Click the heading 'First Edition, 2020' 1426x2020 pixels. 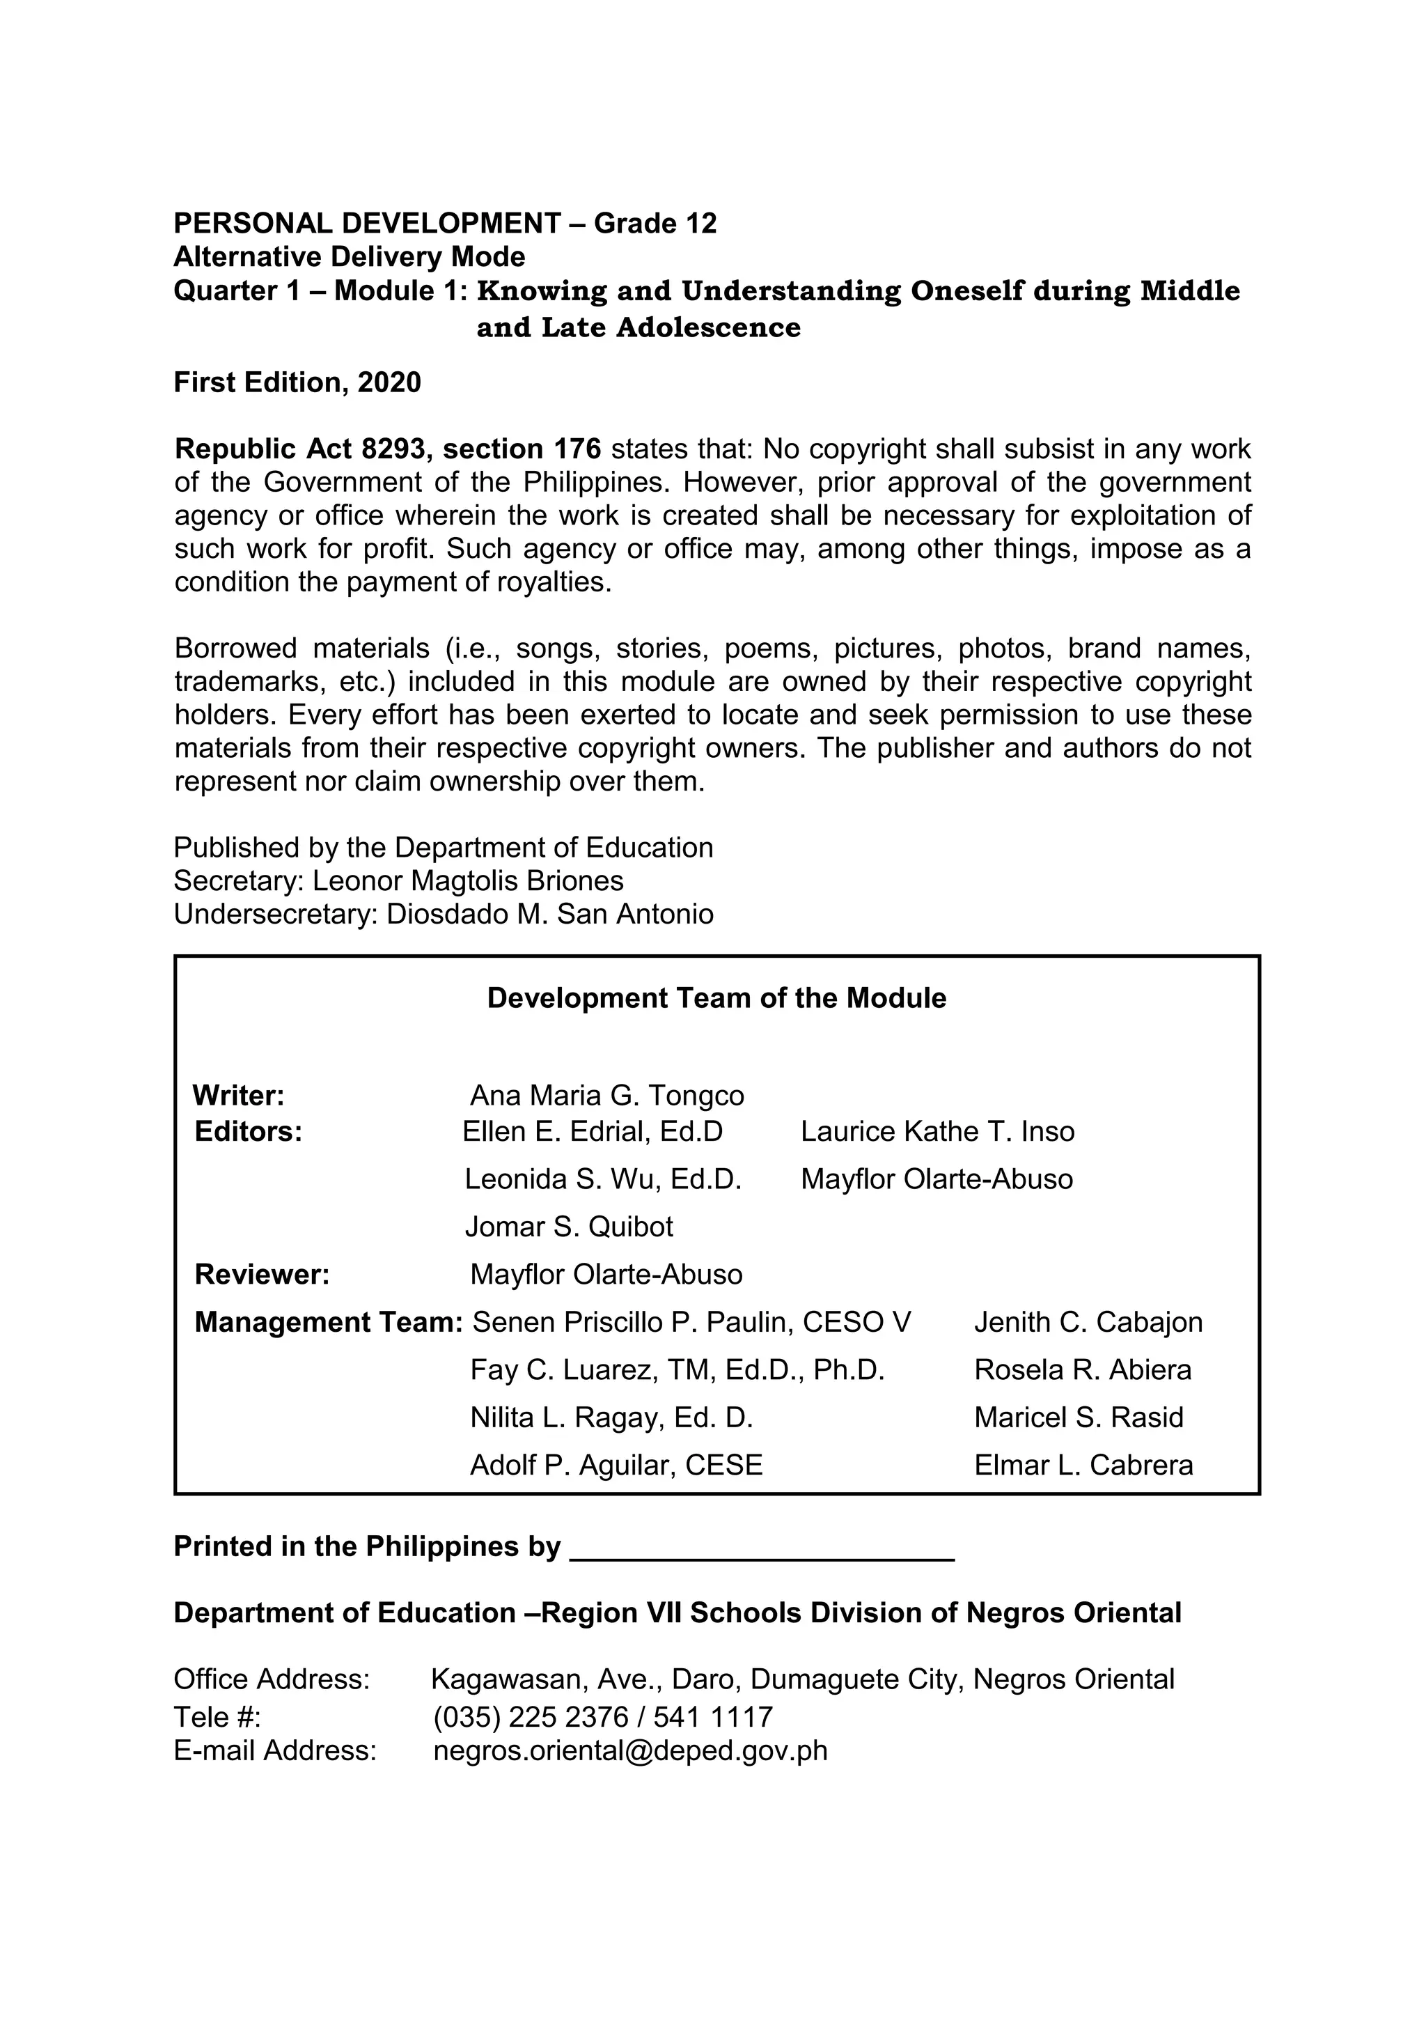pyautogui.click(x=297, y=382)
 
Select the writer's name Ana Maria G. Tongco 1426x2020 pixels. pyautogui.click(x=607, y=1096)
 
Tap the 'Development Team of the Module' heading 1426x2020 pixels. pyautogui.click(x=716, y=999)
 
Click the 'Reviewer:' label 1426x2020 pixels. pyautogui.click(x=262, y=1274)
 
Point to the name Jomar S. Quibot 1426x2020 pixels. pyautogui.click(x=568, y=1227)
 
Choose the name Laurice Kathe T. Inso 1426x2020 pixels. pyautogui.click(x=937, y=1131)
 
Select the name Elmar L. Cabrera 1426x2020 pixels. pyautogui.click(x=1083, y=1465)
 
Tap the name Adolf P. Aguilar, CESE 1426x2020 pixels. pyautogui.click(x=616, y=1465)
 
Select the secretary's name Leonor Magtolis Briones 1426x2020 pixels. pyautogui.click(x=467, y=880)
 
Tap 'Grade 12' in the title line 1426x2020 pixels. pyautogui.click(x=655, y=224)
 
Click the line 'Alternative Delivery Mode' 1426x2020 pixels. pyautogui.click(x=350, y=257)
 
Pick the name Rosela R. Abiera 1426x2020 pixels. pyautogui.click(x=1082, y=1370)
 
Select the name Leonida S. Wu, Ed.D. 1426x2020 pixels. pyautogui.click(x=602, y=1179)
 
